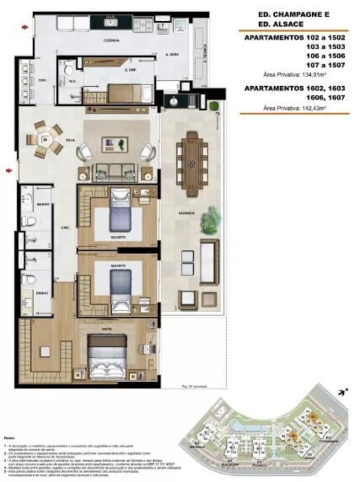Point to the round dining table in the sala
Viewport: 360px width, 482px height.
coord(45,140)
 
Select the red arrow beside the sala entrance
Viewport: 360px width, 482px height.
coord(9,170)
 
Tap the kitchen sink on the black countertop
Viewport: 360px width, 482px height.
coord(111,22)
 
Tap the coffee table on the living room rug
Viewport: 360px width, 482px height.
coord(115,143)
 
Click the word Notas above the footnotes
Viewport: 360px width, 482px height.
coord(10,437)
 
